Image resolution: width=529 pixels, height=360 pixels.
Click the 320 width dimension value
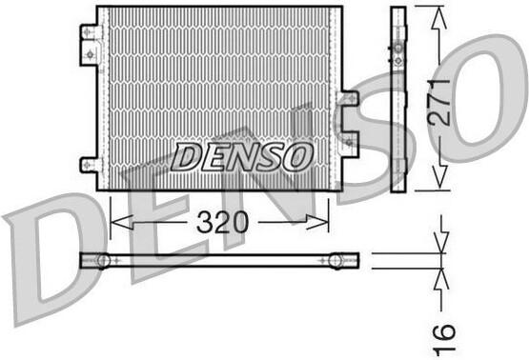(x=222, y=223)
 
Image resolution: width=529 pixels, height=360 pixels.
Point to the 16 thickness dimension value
(x=444, y=340)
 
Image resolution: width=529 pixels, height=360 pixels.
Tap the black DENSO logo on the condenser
(x=241, y=157)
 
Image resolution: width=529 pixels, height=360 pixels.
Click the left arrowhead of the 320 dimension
(x=122, y=223)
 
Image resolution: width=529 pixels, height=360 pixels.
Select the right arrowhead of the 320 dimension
(x=317, y=223)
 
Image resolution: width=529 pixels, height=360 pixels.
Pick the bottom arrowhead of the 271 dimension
(x=439, y=177)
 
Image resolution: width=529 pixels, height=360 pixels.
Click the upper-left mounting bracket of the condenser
(x=91, y=45)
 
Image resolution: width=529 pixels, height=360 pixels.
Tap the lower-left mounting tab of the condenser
(x=91, y=165)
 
